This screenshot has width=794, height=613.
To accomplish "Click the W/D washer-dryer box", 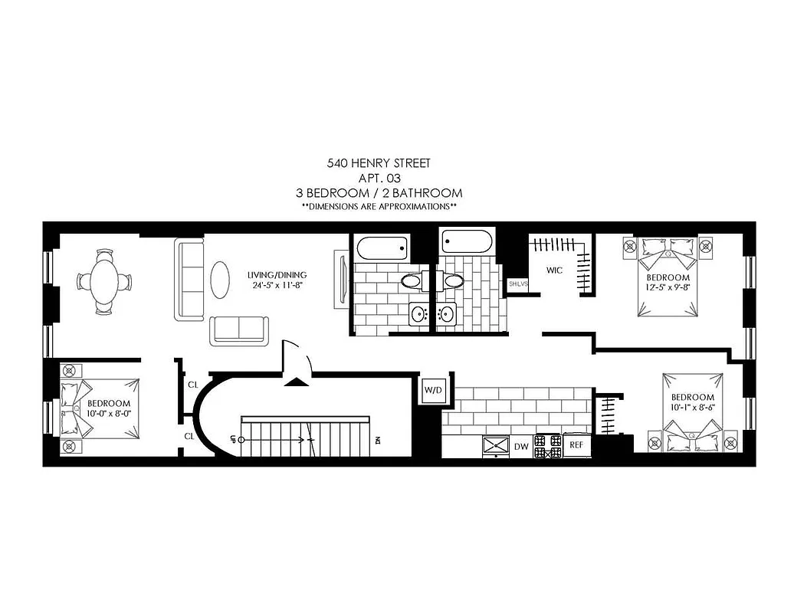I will (433, 390).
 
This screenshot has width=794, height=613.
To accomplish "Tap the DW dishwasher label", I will (521, 445).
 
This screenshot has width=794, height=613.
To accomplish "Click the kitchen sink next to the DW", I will (496, 444).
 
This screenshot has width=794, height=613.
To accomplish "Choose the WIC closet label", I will (555, 270).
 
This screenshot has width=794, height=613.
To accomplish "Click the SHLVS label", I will (518, 284).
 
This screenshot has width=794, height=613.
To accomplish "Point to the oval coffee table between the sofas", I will (220, 280).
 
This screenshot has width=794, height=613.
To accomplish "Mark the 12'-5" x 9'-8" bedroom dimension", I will (668, 287).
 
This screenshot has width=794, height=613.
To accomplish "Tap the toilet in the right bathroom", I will (452, 280).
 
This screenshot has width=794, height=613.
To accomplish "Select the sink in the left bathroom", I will (419, 314).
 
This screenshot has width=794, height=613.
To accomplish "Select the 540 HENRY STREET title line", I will (379, 163).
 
